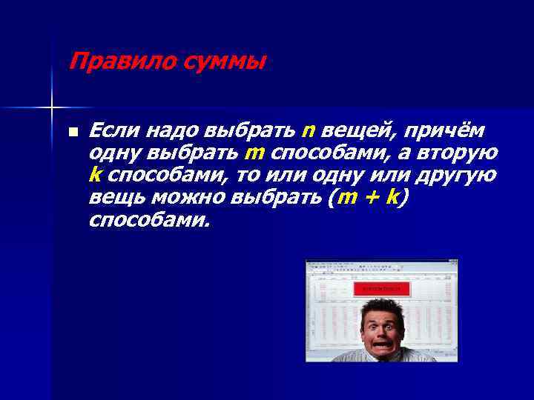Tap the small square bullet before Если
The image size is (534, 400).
pos(73,133)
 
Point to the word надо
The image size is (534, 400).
pos(168,131)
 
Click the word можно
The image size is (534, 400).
pos(190,198)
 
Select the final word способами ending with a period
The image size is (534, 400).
pos(148,220)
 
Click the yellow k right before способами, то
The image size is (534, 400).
pos(94,175)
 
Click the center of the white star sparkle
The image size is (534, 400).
pos(52,108)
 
